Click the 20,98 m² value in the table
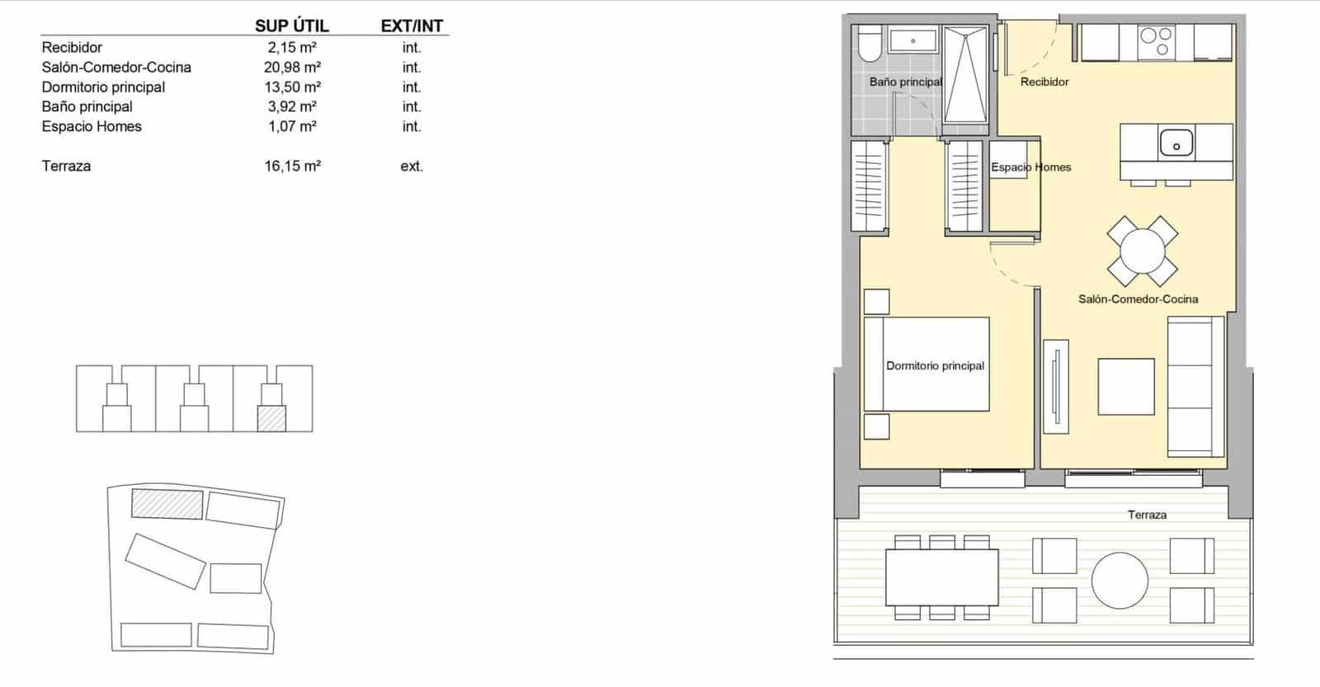click(x=292, y=68)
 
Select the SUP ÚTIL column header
click(x=291, y=26)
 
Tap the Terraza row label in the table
click(x=66, y=166)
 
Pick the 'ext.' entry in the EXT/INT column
click(x=412, y=166)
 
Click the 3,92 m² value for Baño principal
click(x=292, y=106)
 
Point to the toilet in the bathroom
click(x=868, y=45)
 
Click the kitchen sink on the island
click(x=1176, y=143)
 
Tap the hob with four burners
click(x=1156, y=41)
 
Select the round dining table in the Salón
click(x=1142, y=251)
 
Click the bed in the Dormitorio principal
click(x=926, y=365)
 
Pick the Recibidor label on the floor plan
click(x=1044, y=82)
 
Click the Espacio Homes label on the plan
click(x=1030, y=167)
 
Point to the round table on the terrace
click(x=1120, y=580)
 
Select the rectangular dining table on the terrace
click(x=942, y=577)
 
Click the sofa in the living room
click(x=1195, y=386)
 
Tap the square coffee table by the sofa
click(x=1125, y=386)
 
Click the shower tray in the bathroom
click(x=965, y=74)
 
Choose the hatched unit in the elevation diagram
click(x=271, y=418)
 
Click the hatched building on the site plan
click(x=167, y=504)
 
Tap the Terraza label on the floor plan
click(x=1147, y=515)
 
